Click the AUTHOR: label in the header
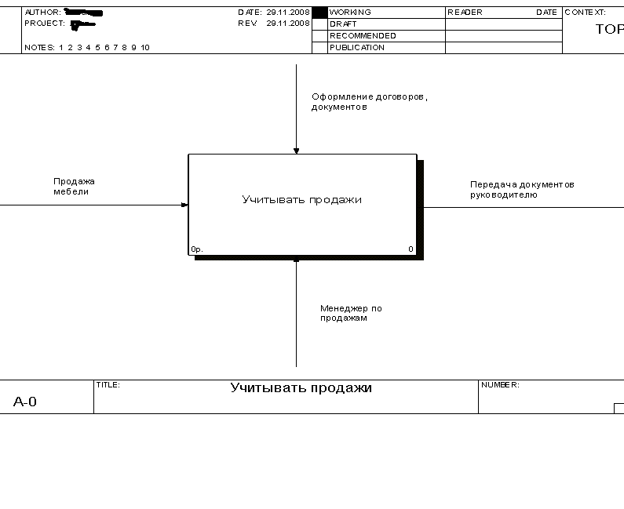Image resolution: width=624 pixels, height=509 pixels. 42,13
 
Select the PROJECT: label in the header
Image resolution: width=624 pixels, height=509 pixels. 44,24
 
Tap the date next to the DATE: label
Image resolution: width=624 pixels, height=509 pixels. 288,13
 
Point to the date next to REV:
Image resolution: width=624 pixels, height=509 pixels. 288,24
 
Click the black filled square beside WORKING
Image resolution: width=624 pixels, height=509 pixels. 319,13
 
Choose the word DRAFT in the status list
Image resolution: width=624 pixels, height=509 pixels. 343,24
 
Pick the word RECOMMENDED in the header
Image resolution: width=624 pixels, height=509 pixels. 363,36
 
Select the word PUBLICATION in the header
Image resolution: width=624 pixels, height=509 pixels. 357,48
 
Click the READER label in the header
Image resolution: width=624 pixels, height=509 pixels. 465,13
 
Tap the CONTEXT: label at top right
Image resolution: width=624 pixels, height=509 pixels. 586,13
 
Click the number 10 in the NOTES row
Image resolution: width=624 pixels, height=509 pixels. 145,48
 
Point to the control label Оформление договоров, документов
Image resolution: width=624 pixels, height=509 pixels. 369,102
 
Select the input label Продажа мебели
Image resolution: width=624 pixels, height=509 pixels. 74,186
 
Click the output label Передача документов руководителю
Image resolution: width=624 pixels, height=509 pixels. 522,189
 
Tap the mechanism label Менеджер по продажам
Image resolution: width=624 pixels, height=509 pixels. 350,313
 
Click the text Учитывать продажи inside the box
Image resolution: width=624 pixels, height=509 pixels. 302,200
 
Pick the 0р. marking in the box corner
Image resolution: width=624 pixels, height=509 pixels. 196,249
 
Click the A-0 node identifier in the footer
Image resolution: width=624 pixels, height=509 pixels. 25,402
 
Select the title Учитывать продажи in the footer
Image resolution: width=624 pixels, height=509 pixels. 301,388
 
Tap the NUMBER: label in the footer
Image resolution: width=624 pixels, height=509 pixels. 500,385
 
